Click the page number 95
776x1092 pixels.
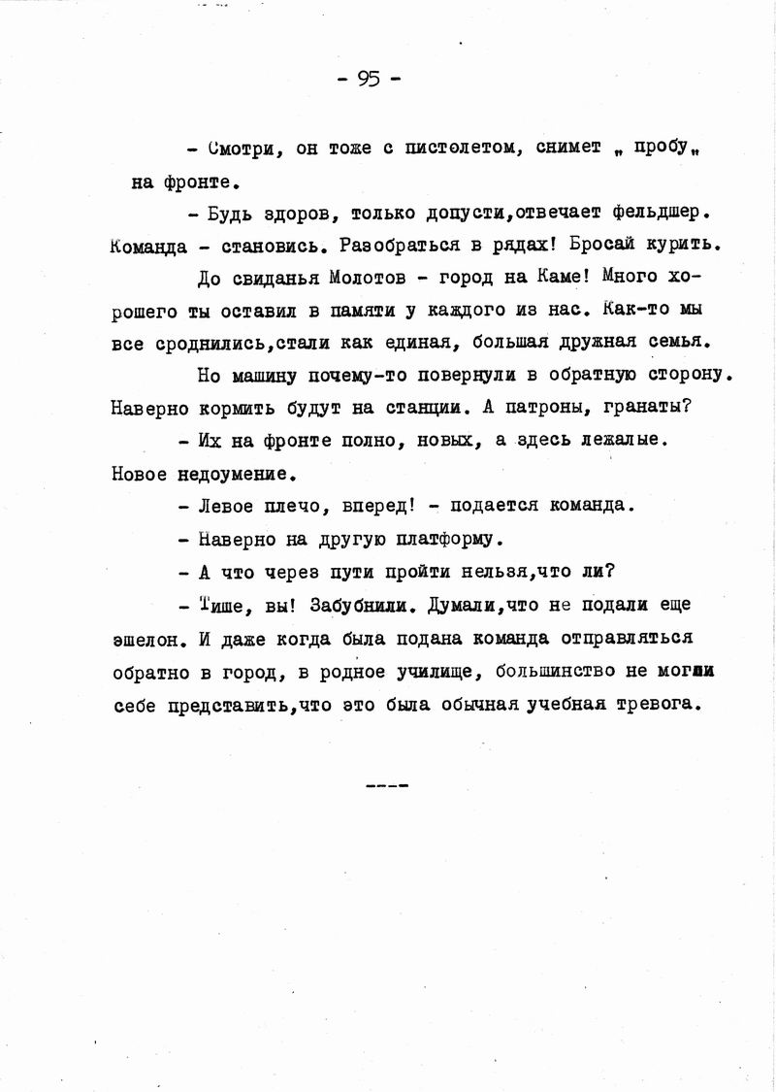point(369,80)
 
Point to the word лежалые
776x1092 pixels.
point(630,441)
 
